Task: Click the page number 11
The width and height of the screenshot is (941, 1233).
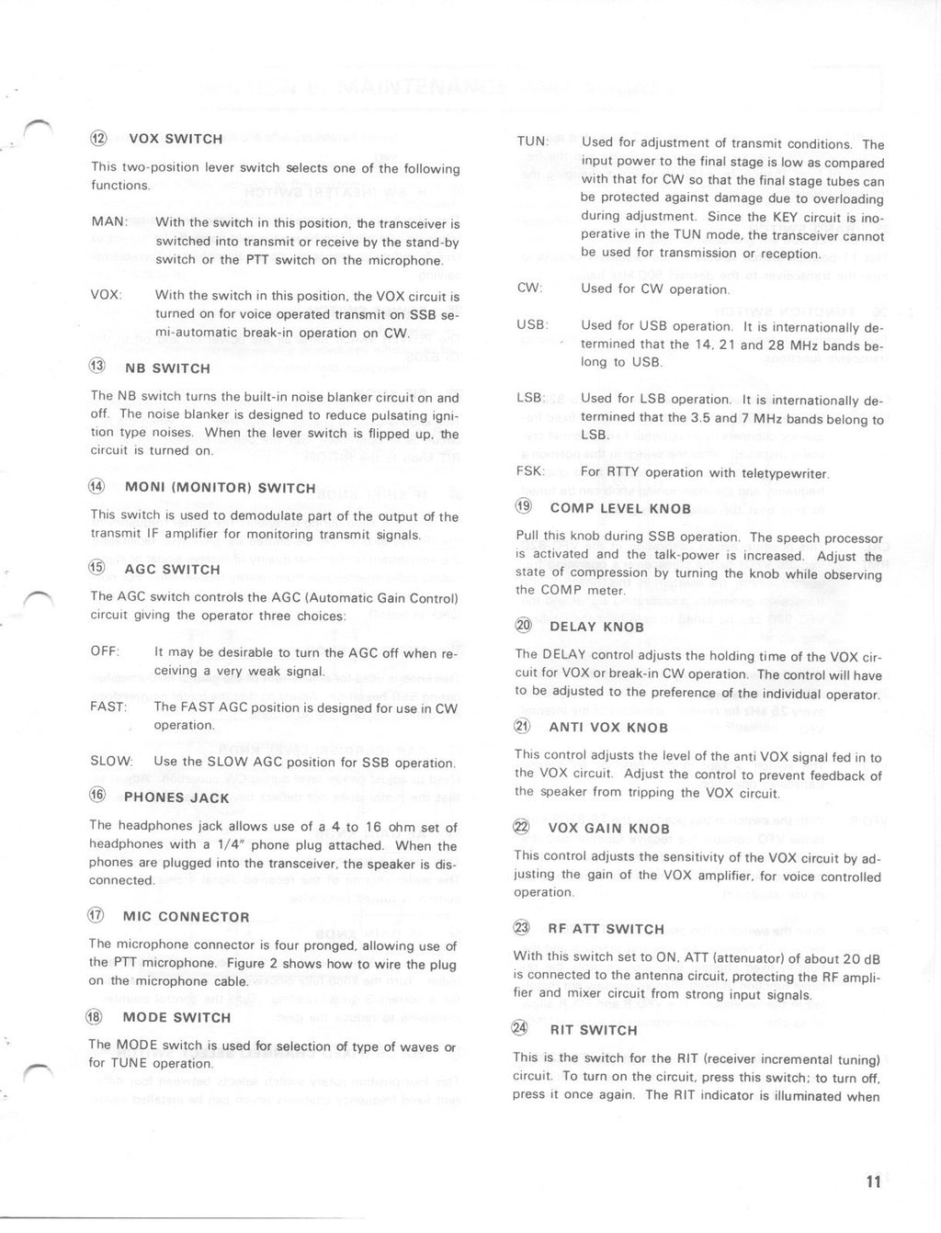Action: tap(872, 1182)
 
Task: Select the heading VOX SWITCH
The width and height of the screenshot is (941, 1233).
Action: tap(176, 139)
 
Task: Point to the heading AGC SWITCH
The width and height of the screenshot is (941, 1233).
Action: tap(172, 570)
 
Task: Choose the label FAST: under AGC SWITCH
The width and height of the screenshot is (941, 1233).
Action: tap(108, 707)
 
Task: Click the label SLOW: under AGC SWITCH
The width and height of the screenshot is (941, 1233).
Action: tap(111, 762)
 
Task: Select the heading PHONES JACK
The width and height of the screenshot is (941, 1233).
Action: tap(176, 797)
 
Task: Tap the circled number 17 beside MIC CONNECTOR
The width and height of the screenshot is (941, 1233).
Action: tap(96, 916)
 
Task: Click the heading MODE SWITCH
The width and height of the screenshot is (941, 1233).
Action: tap(176, 1017)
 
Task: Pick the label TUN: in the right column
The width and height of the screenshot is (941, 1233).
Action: tap(533, 141)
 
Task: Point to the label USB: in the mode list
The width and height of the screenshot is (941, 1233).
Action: tap(533, 325)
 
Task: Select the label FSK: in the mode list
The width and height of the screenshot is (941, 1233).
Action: tap(532, 472)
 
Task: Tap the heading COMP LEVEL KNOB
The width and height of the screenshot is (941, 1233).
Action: tap(620, 508)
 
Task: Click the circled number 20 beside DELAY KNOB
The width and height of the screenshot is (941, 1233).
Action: tap(524, 626)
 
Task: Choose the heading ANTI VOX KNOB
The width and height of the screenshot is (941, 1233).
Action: tap(608, 728)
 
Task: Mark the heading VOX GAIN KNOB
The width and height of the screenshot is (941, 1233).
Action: tap(609, 828)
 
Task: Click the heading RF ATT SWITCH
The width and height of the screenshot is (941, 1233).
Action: tap(606, 929)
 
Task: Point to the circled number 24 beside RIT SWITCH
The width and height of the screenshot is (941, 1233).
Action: tap(521, 1029)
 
